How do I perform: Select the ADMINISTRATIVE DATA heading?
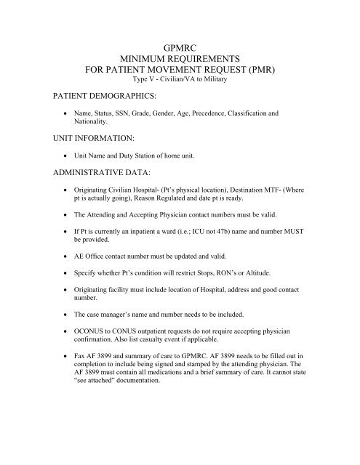(x=84, y=174)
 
